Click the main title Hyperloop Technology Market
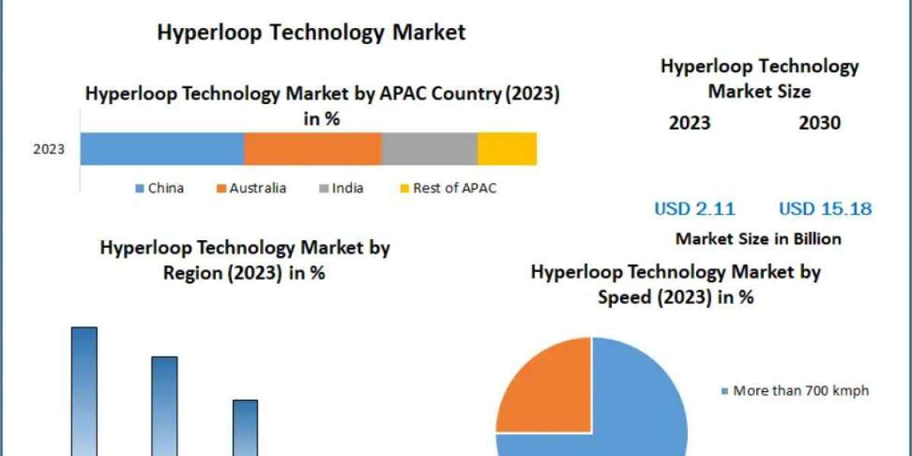point(311,32)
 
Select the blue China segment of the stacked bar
point(162,148)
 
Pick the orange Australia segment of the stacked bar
point(312,148)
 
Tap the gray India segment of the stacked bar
point(429,148)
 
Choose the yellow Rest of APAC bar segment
point(507,148)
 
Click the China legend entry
point(160,188)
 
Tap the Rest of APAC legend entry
point(448,188)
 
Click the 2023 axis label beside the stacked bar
point(49,149)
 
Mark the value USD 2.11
point(695,208)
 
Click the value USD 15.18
point(825,208)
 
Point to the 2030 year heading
point(819,123)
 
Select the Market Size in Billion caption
point(758,239)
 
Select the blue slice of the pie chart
point(638,410)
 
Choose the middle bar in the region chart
point(165,407)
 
